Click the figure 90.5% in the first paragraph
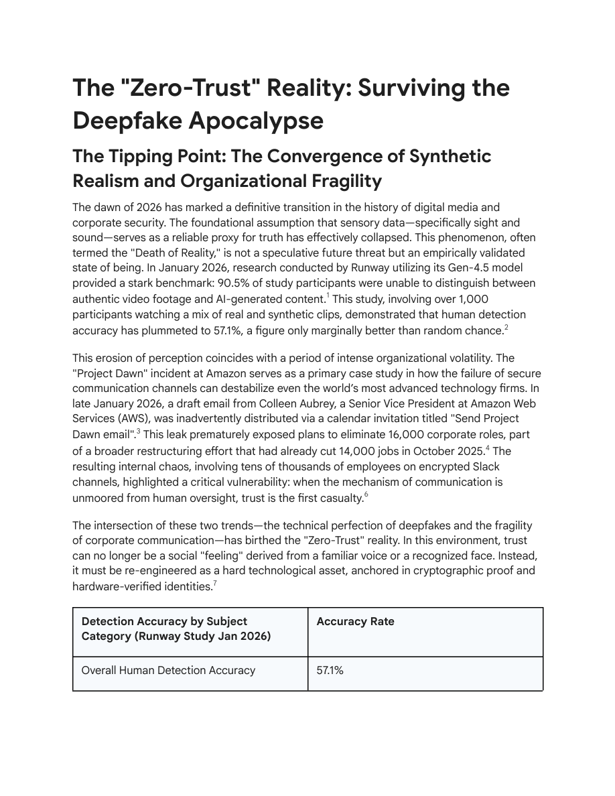tap(234, 283)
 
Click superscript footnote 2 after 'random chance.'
tap(506, 326)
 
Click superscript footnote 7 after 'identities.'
tap(214, 583)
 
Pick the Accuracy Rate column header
tap(355, 622)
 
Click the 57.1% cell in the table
tap(330, 670)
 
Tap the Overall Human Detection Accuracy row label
tap(168, 670)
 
